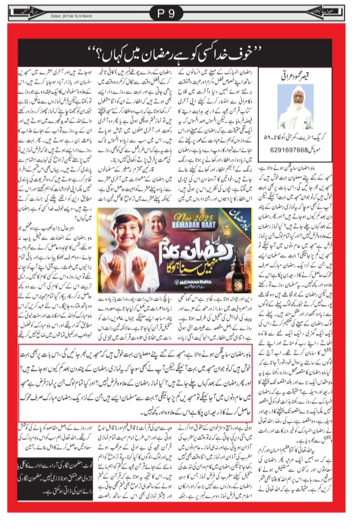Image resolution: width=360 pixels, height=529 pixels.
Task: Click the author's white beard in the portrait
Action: tap(295, 114)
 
